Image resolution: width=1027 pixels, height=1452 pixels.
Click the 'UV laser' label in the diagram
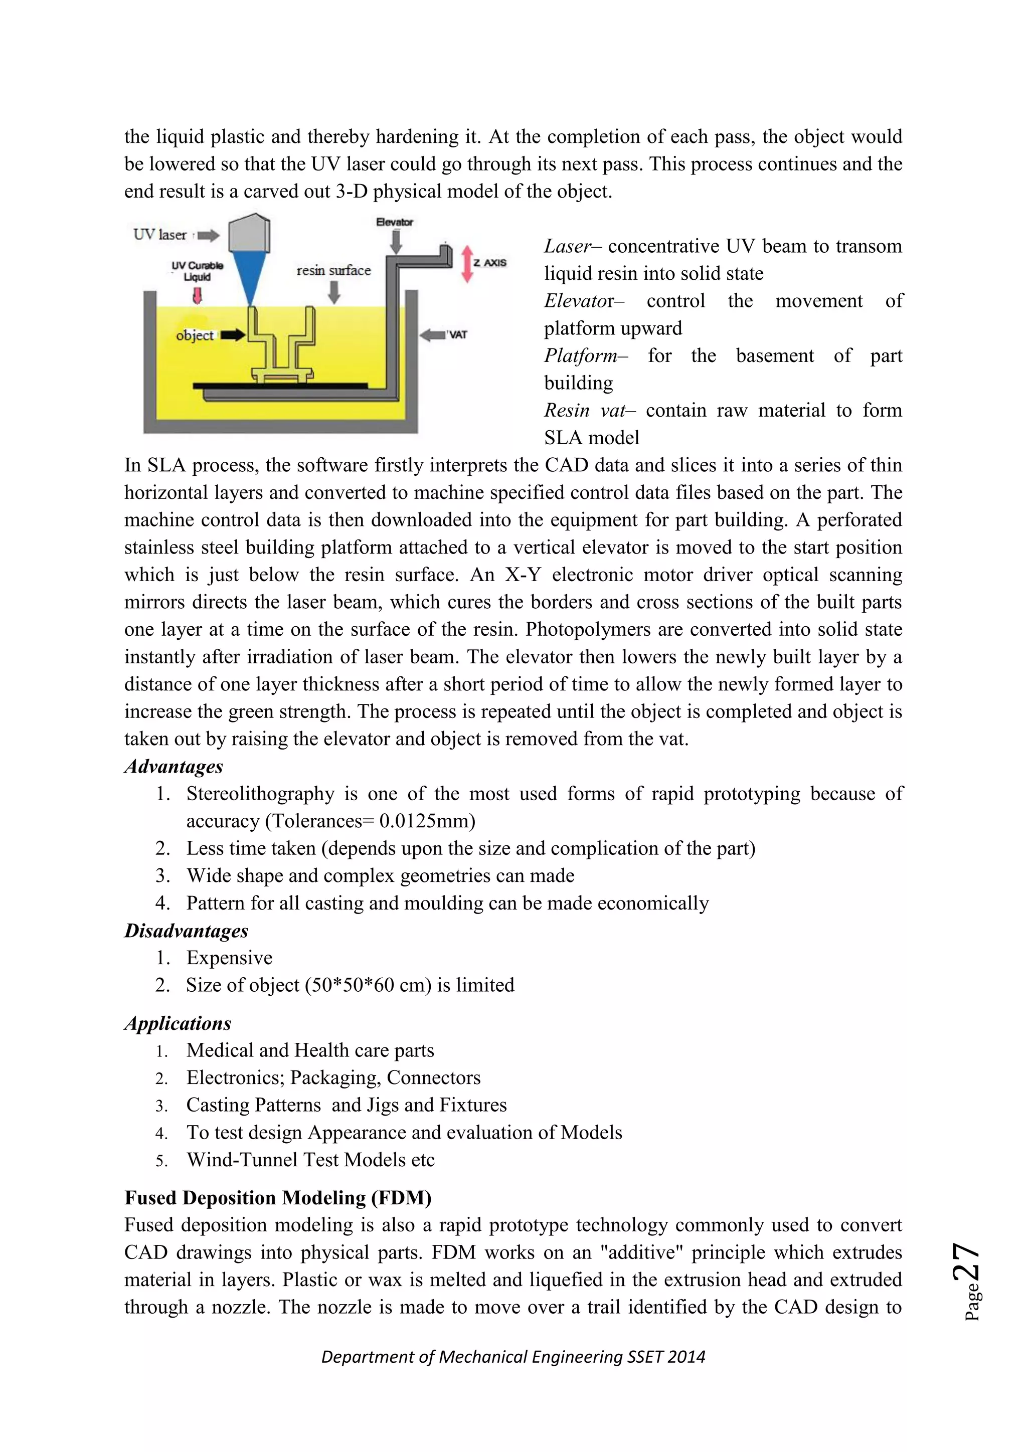[160, 235]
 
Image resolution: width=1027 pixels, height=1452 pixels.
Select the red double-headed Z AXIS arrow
[467, 263]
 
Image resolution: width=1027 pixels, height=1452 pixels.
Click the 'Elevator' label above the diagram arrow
[394, 222]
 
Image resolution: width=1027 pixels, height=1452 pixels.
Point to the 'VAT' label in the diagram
[457, 334]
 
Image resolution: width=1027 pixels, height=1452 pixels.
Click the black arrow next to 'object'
[232, 335]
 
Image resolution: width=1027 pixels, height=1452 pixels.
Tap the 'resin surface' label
[333, 270]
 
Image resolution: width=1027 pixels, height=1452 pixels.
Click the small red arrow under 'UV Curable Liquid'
[197, 295]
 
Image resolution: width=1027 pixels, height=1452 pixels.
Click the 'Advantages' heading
[174, 767]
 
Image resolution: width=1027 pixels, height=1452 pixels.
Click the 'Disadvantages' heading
[186, 930]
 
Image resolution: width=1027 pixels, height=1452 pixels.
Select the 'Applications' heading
[178, 1023]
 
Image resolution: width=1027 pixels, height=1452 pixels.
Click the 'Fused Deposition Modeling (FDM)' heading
[278, 1198]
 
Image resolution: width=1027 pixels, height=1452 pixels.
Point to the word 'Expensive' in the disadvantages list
[229, 958]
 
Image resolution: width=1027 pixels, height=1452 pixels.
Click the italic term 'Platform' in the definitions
[581, 355]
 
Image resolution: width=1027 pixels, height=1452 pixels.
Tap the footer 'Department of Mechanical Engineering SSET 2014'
[513, 1357]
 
